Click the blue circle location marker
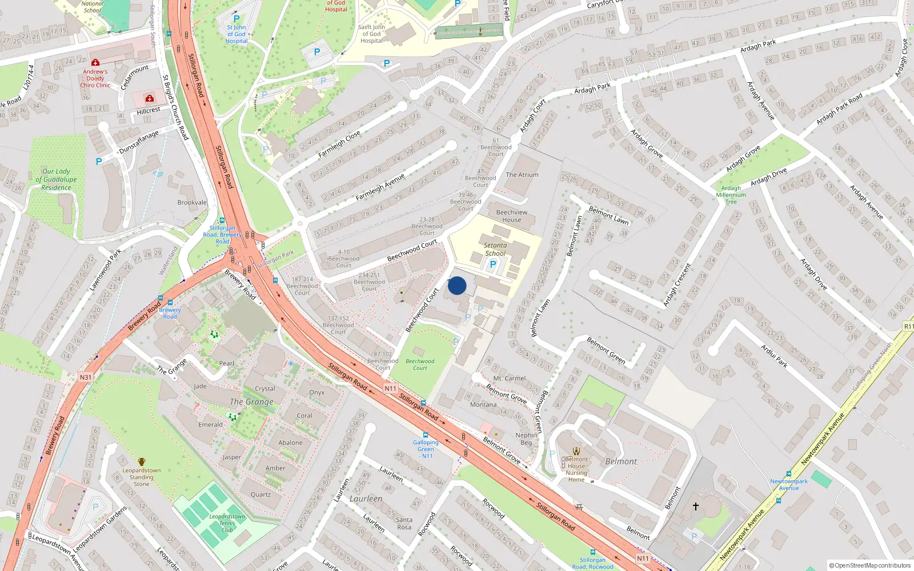(x=457, y=285)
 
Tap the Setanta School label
(x=495, y=249)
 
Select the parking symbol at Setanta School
(x=493, y=264)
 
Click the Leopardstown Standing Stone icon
(x=142, y=461)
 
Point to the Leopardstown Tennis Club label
(x=227, y=523)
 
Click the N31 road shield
(x=86, y=377)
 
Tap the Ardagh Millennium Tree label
(x=731, y=195)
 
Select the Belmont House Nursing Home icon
(x=576, y=451)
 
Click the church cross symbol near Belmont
(x=696, y=506)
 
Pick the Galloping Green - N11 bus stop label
(x=426, y=449)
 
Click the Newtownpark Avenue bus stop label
(x=789, y=484)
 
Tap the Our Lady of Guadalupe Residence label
(x=56, y=179)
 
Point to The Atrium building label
(x=522, y=175)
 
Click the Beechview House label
(x=512, y=216)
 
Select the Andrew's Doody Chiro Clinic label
(x=95, y=78)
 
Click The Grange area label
(x=251, y=402)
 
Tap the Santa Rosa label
(x=404, y=523)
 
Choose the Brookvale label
(x=192, y=203)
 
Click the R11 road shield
(x=908, y=326)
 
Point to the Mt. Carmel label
(x=510, y=378)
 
